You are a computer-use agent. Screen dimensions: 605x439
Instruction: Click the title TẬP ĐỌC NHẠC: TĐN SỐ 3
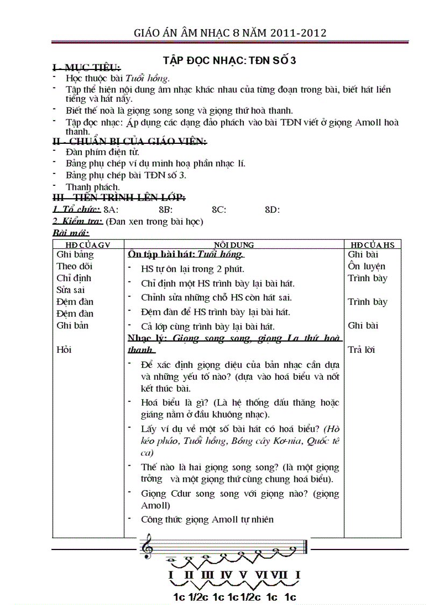pyautogui.click(x=230, y=61)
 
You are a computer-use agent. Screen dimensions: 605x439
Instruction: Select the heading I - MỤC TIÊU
pyautogui.click(x=86, y=68)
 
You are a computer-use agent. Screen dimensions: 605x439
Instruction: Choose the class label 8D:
pyautogui.click(x=272, y=210)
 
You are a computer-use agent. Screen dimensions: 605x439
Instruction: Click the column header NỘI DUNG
pyautogui.click(x=234, y=245)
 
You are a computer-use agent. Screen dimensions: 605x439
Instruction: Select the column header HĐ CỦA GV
pyautogui.click(x=88, y=245)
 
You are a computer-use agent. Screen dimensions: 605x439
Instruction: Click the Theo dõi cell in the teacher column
pyautogui.click(x=74, y=266)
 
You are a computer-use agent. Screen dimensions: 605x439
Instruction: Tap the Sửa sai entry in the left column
pyautogui.click(x=70, y=290)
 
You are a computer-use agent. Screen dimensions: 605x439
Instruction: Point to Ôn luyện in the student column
pyautogui.click(x=366, y=266)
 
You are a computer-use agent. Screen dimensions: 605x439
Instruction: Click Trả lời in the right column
pyautogui.click(x=362, y=350)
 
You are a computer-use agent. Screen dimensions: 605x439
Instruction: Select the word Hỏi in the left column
pyautogui.click(x=64, y=350)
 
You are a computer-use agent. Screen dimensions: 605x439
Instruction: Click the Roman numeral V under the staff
pyautogui.click(x=243, y=575)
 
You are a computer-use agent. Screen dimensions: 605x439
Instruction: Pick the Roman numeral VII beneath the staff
pyautogui.click(x=279, y=575)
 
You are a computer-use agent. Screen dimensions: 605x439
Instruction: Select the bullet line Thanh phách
pyautogui.click(x=93, y=187)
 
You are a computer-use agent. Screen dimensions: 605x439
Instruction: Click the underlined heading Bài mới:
pyautogui.click(x=70, y=233)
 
